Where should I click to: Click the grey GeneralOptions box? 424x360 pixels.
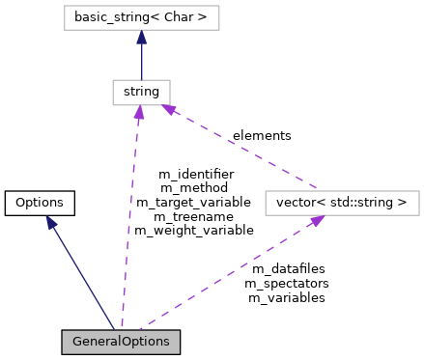click(x=121, y=342)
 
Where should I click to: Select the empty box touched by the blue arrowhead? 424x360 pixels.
click(x=141, y=18)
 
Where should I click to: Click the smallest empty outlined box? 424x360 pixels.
click(x=141, y=93)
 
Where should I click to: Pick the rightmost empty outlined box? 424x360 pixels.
click(x=342, y=203)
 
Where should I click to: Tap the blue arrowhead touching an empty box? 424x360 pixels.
click(x=141, y=37)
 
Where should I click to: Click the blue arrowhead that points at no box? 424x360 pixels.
click(x=51, y=223)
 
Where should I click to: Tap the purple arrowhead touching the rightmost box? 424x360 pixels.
click(x=317, y=221)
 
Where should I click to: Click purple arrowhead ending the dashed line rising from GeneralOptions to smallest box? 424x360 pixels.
click(x=139, y=113)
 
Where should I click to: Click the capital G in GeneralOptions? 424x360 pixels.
click(x=77, y=342)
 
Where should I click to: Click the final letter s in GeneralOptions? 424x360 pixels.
click(x=165, y=343)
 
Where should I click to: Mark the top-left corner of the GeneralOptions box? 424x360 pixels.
click(x=63, y=331)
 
